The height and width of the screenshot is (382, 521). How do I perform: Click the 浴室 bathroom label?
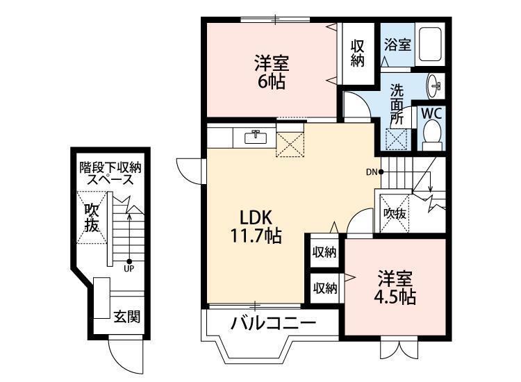(398, 45)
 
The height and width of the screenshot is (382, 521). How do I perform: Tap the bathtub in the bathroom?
(430, 44)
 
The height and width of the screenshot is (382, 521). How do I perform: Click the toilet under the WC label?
(432, 136)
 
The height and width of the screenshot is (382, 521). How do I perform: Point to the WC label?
(431, 114)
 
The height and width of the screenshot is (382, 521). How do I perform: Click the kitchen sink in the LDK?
(256, 137)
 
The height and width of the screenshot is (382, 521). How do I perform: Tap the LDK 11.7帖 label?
(256, 227)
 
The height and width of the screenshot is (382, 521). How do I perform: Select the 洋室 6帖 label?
(272, 73)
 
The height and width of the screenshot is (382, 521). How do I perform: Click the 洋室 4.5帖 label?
(395, 288)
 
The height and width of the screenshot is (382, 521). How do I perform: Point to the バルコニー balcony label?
(274, 323)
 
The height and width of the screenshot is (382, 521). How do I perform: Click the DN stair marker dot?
(381, 172)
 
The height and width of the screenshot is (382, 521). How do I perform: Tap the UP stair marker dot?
(129, 261)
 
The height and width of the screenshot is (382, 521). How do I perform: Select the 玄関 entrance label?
(127, 317)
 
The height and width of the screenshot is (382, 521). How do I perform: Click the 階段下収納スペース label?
(110, 174)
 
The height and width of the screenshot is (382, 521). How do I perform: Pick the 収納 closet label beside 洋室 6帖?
(358, 53)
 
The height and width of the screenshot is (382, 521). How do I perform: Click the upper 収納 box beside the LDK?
(324, 252)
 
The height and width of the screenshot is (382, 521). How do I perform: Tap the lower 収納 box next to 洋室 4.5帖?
(325, 288)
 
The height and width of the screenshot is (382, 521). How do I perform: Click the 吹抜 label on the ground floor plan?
(92, 218)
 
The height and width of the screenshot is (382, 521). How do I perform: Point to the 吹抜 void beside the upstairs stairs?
(395, 214)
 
